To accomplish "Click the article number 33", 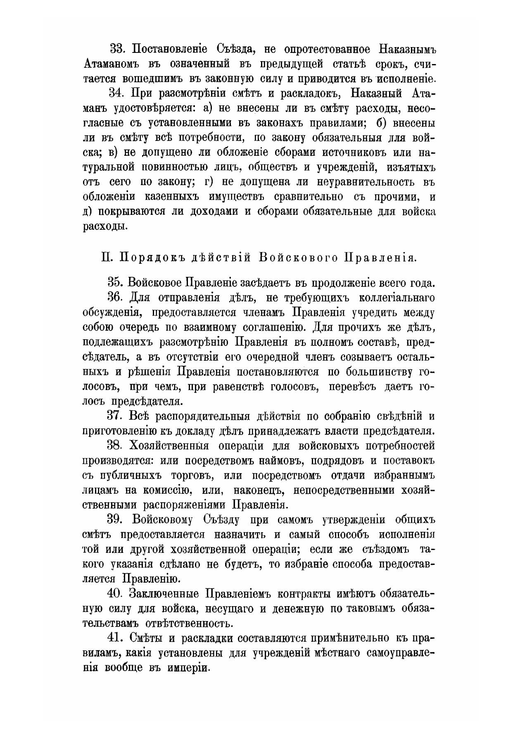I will coord(116,49).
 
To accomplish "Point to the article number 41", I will coord(116,638).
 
